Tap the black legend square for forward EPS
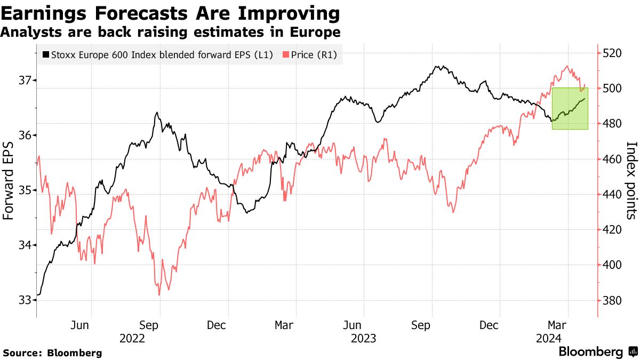coord(45,54)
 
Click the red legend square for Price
coord(286,54)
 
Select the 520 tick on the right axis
coord(613,53)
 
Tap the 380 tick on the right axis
coord(613,300)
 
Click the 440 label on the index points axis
coord(613,195)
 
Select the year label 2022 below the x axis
coord(131,338)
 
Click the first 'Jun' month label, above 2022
coord(79,325)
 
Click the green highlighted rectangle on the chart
coord(570,108)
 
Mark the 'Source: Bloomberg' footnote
coord(52,353)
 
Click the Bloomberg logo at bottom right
coord(597,352)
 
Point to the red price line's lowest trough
coord(159,294)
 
